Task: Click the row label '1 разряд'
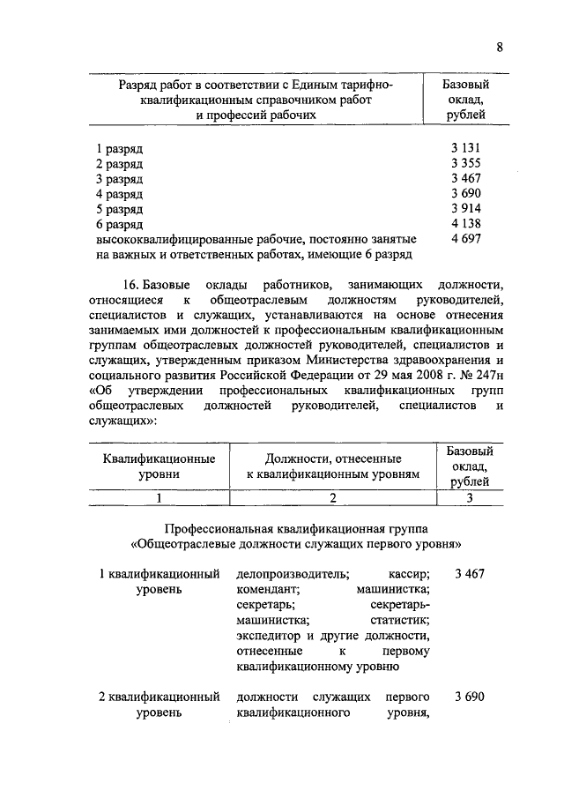point(119,148)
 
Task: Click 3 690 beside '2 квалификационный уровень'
point(470,697)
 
